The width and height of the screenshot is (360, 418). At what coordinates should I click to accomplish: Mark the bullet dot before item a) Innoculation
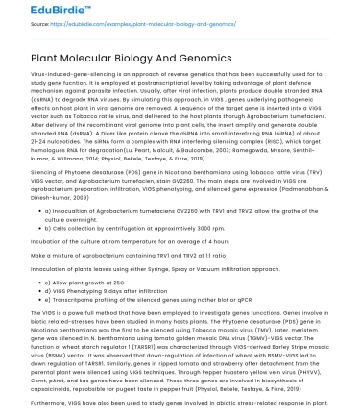[37, 209]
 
